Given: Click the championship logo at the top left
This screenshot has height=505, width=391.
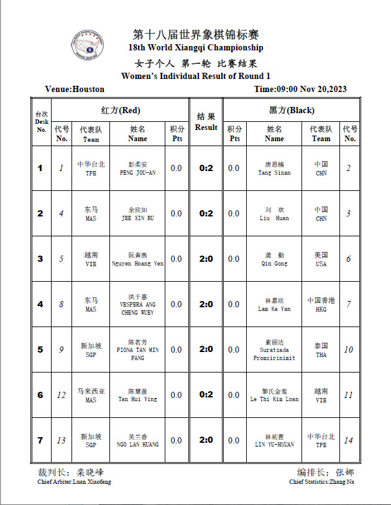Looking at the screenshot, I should (88, 47).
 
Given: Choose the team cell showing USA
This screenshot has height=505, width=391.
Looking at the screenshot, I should (321, 259).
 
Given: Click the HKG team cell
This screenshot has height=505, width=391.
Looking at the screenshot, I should (321, 305).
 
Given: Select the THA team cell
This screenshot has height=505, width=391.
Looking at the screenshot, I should (321, 350).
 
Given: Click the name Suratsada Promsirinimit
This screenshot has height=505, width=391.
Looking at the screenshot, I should (274, 354).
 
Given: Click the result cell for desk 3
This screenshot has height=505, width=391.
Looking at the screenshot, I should (206, 259).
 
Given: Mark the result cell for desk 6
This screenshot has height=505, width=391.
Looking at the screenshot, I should (206, 395).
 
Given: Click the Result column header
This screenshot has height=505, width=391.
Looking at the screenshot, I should (206, 122).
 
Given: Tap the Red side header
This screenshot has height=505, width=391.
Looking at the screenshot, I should (121, 110).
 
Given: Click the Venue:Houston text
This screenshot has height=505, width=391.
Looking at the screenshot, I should (75, 89).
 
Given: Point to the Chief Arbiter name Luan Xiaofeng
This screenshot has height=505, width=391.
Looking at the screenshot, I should (75, 481).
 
